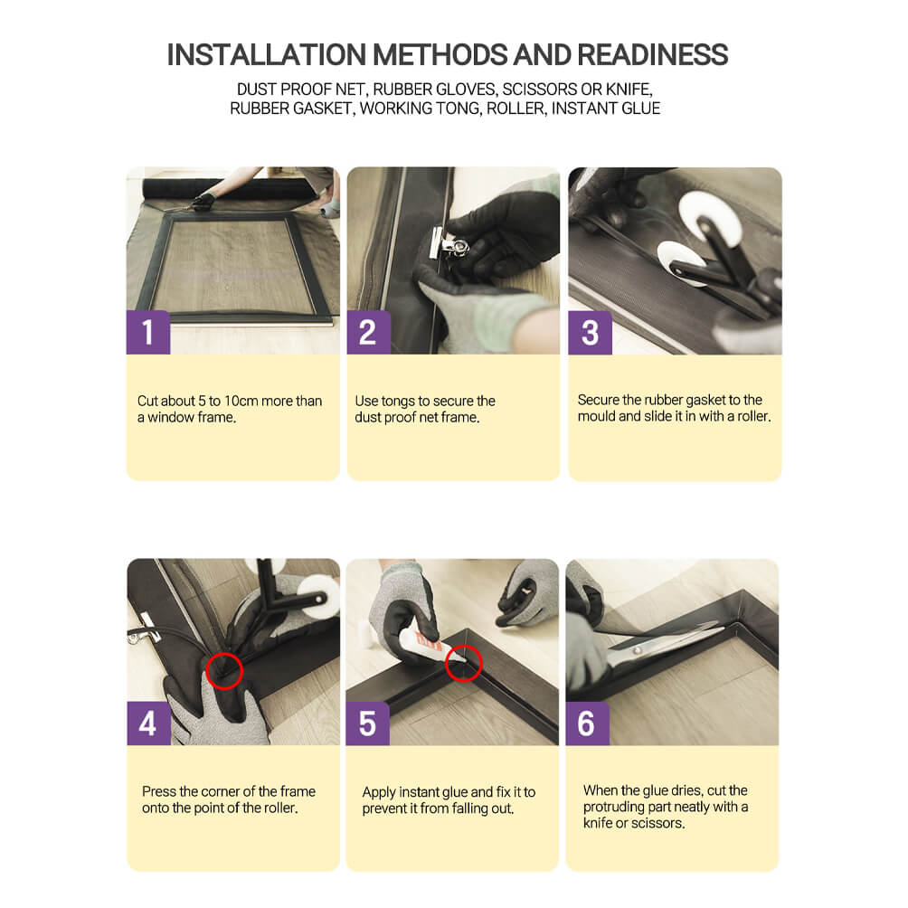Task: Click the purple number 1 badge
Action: (x=148, y=333)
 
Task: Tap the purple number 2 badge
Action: (x=369, y=333)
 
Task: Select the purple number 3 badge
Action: (x=590, y=333)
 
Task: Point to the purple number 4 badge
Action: (x=149, y=724)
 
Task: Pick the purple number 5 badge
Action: (x=368, y=724)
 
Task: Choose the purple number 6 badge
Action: (x=587, y=724)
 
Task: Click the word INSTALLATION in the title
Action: (x=267, y=55)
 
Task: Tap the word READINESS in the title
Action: (x=653, y=55)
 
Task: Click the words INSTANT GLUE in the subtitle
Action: (x=606, y=109)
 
